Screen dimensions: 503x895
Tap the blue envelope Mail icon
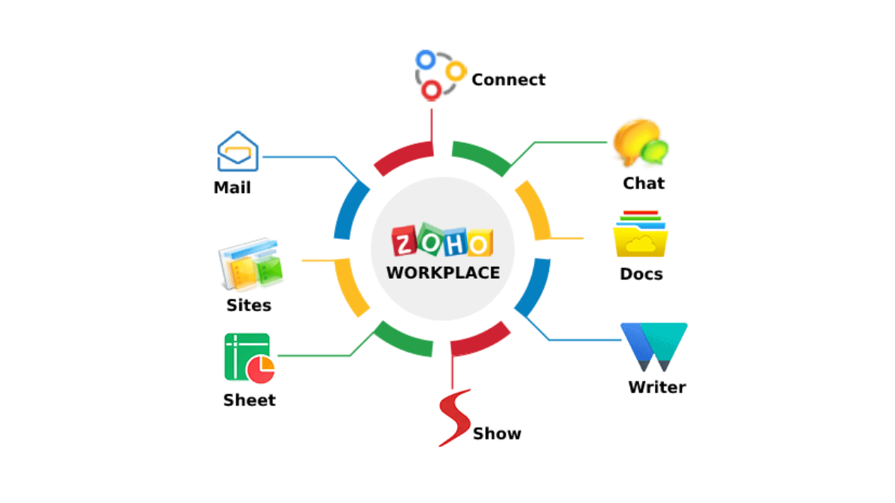click(237, 152)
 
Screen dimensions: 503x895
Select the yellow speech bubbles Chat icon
click(640, 143)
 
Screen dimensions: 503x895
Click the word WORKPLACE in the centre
click(443, 273)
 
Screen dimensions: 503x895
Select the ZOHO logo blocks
click(442, 242)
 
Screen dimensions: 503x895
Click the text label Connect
click(509, 80)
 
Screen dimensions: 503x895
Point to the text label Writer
click(656, 387)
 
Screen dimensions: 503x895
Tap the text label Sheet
click(249, 400)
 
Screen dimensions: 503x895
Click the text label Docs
click(641, 274)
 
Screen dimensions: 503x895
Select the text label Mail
click(232, 188)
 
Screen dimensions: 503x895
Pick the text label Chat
click(644, 183)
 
